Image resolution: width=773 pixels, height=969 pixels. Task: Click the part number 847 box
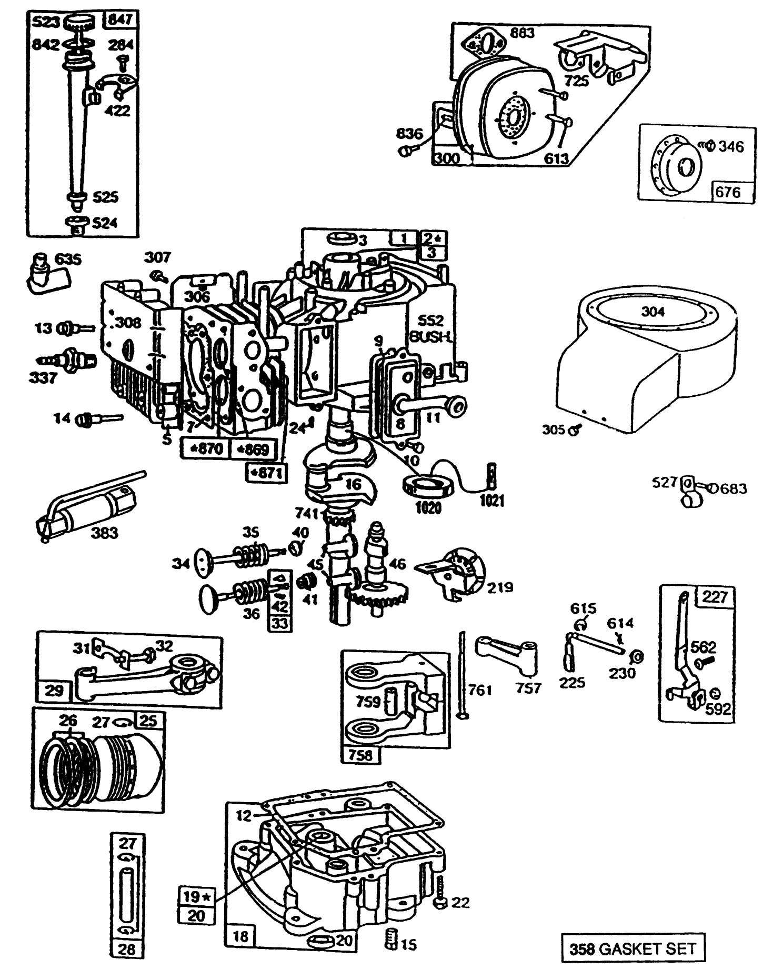[x=122, y=20]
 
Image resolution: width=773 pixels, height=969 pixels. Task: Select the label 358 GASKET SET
[x=632, y=948]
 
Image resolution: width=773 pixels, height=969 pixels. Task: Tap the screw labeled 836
[x=406, y=151]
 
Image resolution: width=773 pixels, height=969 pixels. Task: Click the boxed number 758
[x=360, y=754]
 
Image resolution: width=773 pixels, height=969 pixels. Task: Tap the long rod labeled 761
[x=461, y=674]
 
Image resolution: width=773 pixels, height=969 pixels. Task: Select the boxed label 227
[x=715, y=596]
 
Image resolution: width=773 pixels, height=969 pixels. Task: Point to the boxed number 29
[x=54, y=690]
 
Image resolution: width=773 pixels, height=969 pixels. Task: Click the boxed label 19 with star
[x=197, y=895]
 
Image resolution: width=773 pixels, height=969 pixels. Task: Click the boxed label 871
[x=267, y=473]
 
